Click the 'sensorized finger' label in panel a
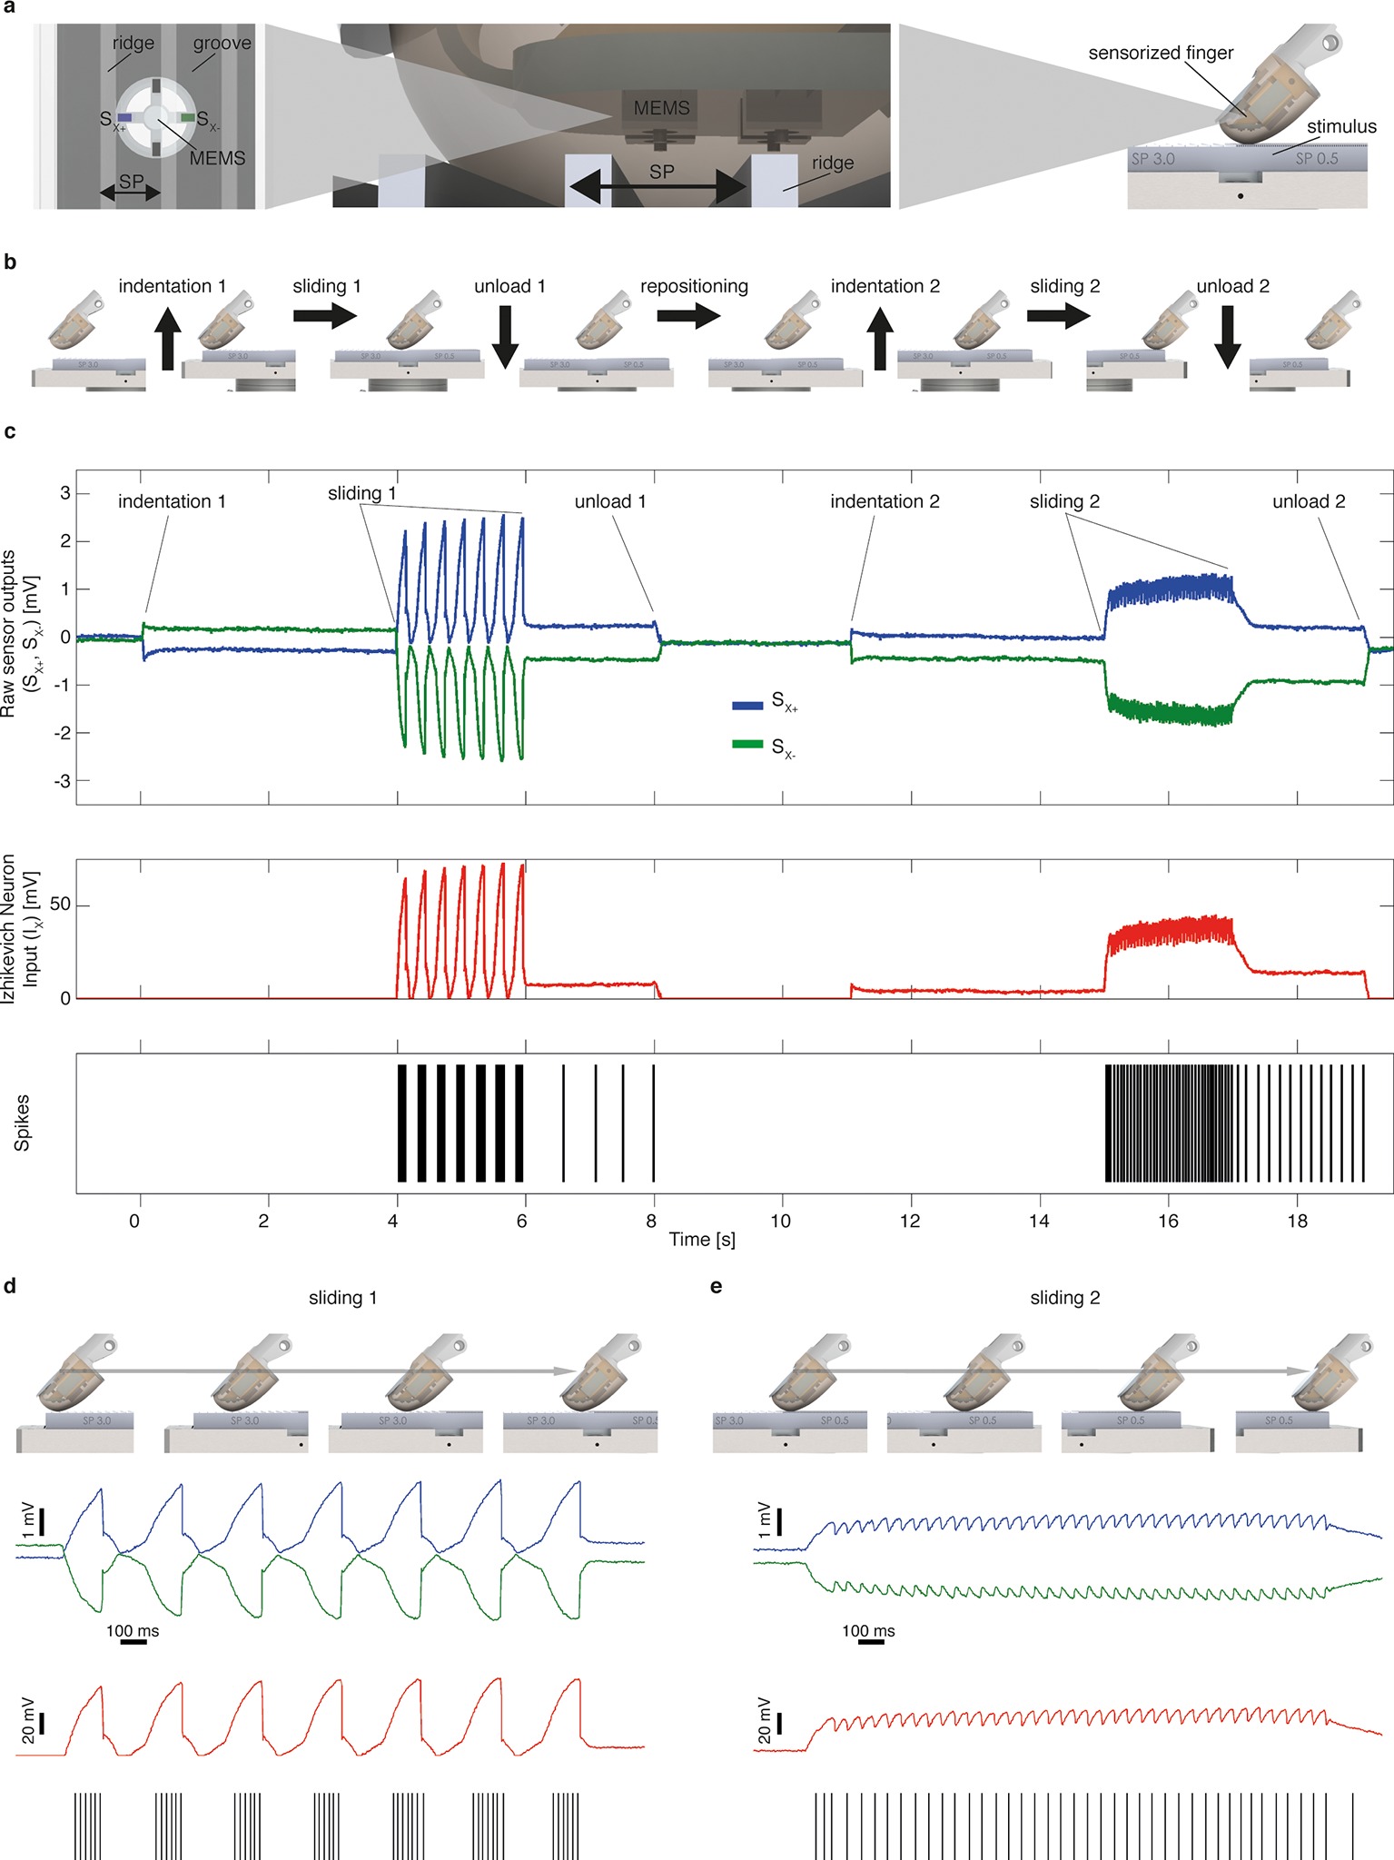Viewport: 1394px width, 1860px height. click(x=1161, y=53)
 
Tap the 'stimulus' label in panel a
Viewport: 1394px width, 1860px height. click(x=1340, y=127)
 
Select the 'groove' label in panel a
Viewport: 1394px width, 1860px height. click(x=222, y=44)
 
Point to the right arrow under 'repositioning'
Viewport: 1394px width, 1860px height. click(x=688, y=316)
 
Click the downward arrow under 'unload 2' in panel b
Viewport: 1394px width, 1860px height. click(x=1228, y=336)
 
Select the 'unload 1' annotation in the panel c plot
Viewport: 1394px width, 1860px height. click(x=610, y=501)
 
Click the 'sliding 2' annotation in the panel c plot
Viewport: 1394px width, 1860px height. click(x=1064, y=501)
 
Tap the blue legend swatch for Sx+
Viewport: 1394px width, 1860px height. click(x=747, y=705)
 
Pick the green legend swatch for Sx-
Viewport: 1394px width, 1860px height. click(x=747, y=745)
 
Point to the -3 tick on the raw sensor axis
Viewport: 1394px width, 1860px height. click(x=61, y=780)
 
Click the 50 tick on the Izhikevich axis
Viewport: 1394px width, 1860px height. click(x=59, y=905)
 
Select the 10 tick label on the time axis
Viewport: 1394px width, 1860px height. click(x=780, y=1222)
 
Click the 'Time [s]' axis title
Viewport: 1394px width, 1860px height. click(x=702, y=1240)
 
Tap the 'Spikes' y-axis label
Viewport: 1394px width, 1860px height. click(x=23, y=1123)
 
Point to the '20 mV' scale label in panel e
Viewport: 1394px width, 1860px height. click(x=766, y=1721)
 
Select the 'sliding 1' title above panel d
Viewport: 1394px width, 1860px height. click(x=342, y=1298)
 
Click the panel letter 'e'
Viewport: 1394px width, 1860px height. click(x=717, y=1286)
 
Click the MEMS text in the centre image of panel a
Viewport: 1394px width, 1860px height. click(x=661, y=108)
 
